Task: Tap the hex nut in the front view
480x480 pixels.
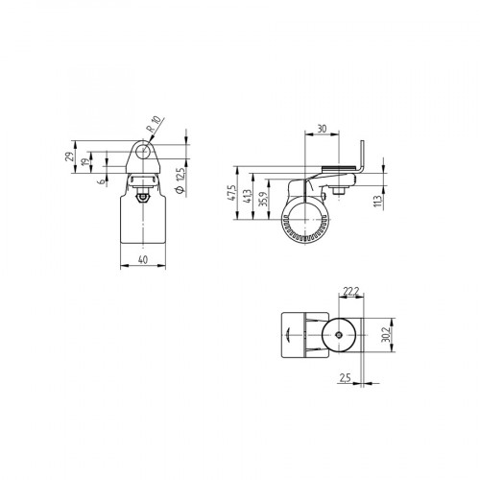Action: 141,196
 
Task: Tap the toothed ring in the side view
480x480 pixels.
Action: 305,232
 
